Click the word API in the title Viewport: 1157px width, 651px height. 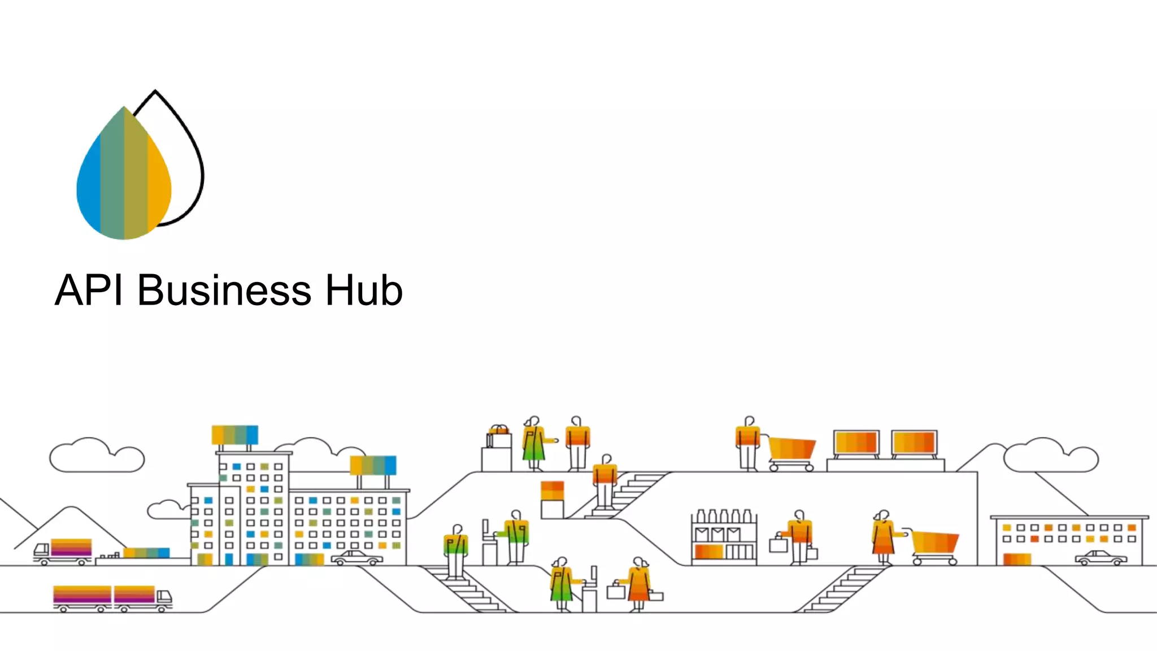(x=89, y=290)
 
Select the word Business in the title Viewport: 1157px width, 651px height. (x=224, y=290)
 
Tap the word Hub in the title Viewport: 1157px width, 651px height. (x=364, y=290)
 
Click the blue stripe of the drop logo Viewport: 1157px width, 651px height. (x=89, y=181)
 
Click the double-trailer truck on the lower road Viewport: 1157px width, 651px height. (x=112, y=598)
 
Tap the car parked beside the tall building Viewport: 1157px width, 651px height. (x=356, y=558)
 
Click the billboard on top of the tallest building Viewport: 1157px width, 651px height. (x=234, y=435)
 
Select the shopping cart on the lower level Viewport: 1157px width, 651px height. (x=934, y=546)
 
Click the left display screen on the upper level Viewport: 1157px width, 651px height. (x=856, y=443)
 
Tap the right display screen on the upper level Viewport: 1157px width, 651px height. (x=914, y=443)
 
